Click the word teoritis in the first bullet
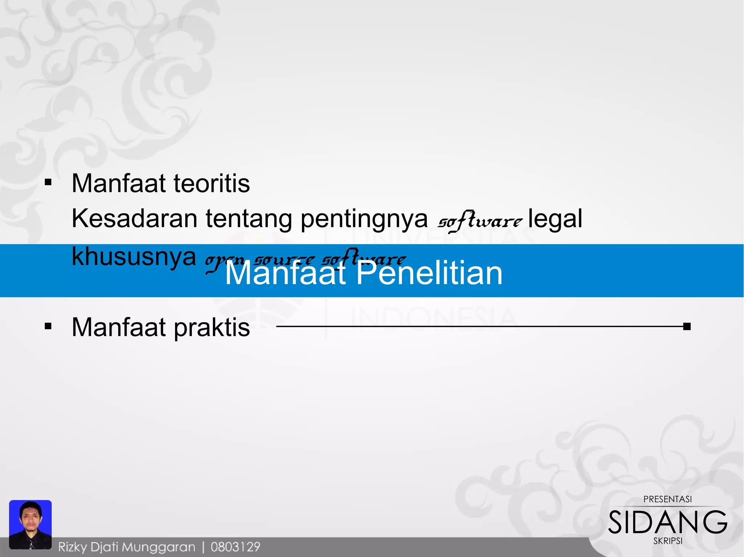(211, 184)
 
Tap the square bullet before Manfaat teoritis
(48, 182)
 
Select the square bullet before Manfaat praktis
(48, 326)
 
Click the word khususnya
(134, 257)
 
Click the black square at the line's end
(686, 327)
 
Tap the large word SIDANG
(667, 522)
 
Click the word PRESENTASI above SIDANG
(667, 499)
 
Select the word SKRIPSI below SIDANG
(667, 541)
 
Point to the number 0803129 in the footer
(235, 547)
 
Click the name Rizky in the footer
(73, 547)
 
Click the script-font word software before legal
(480, 221)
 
